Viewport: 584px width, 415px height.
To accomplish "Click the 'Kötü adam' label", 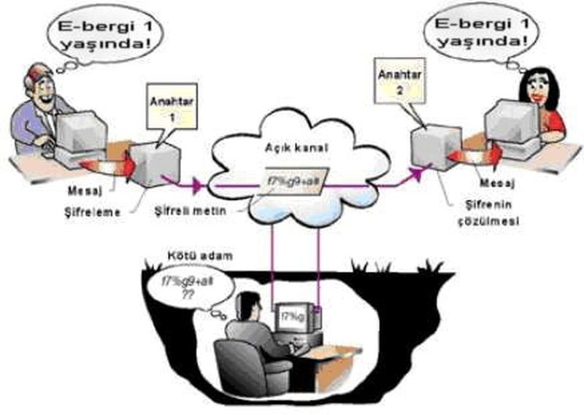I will [190, 260].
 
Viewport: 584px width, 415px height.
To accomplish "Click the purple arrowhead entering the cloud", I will [195, 186].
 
